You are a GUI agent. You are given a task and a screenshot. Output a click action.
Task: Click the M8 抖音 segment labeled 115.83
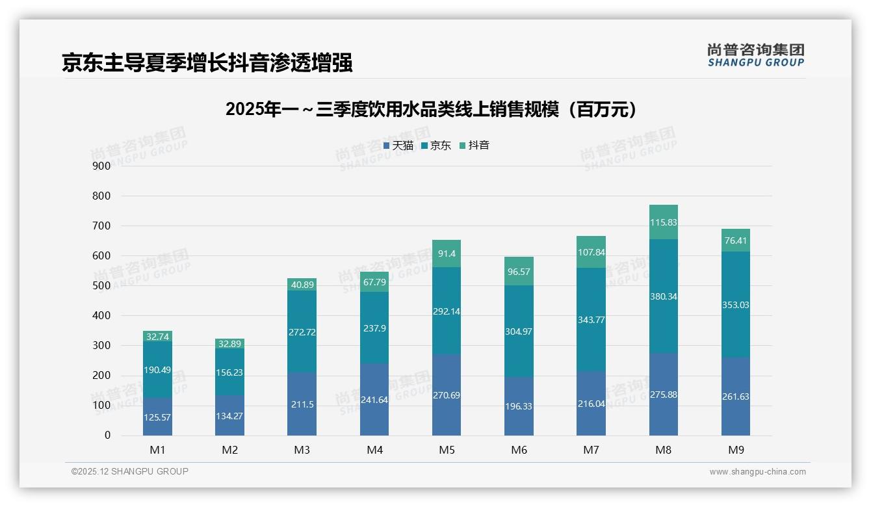click(x=663, y=222)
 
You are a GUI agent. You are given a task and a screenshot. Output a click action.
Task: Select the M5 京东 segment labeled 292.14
click(x=446, y=311)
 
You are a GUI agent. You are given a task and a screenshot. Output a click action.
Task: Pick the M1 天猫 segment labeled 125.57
click(x=157, y=417)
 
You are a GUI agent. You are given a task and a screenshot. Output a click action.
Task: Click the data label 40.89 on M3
click(x=302, y=284)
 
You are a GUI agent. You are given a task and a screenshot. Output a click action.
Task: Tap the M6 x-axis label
click(x=519, y=450)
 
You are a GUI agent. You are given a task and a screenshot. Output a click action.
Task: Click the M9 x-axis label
click(x=735, y=450)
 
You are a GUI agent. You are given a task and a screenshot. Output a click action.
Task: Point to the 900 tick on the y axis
click(x=102, y=166)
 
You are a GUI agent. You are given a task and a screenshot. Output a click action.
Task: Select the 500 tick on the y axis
click(x=102, y=286)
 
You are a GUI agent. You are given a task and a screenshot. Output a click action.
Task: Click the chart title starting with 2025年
click(x=430, y=109)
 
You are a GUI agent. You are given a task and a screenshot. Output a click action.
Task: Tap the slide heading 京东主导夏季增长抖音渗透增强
click(x=207, y=62)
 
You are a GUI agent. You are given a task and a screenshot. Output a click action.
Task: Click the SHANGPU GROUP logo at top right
click(x=755, y=55)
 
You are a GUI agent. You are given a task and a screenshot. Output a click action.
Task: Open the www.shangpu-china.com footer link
click(x=757, y=472)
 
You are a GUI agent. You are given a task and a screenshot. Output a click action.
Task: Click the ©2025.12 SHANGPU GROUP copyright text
click(x=130, y=472)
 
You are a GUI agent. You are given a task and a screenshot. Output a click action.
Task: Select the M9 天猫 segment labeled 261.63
click(x=735, y=396)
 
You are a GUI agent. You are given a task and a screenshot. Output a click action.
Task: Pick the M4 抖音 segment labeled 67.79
click(x=374, y=281)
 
